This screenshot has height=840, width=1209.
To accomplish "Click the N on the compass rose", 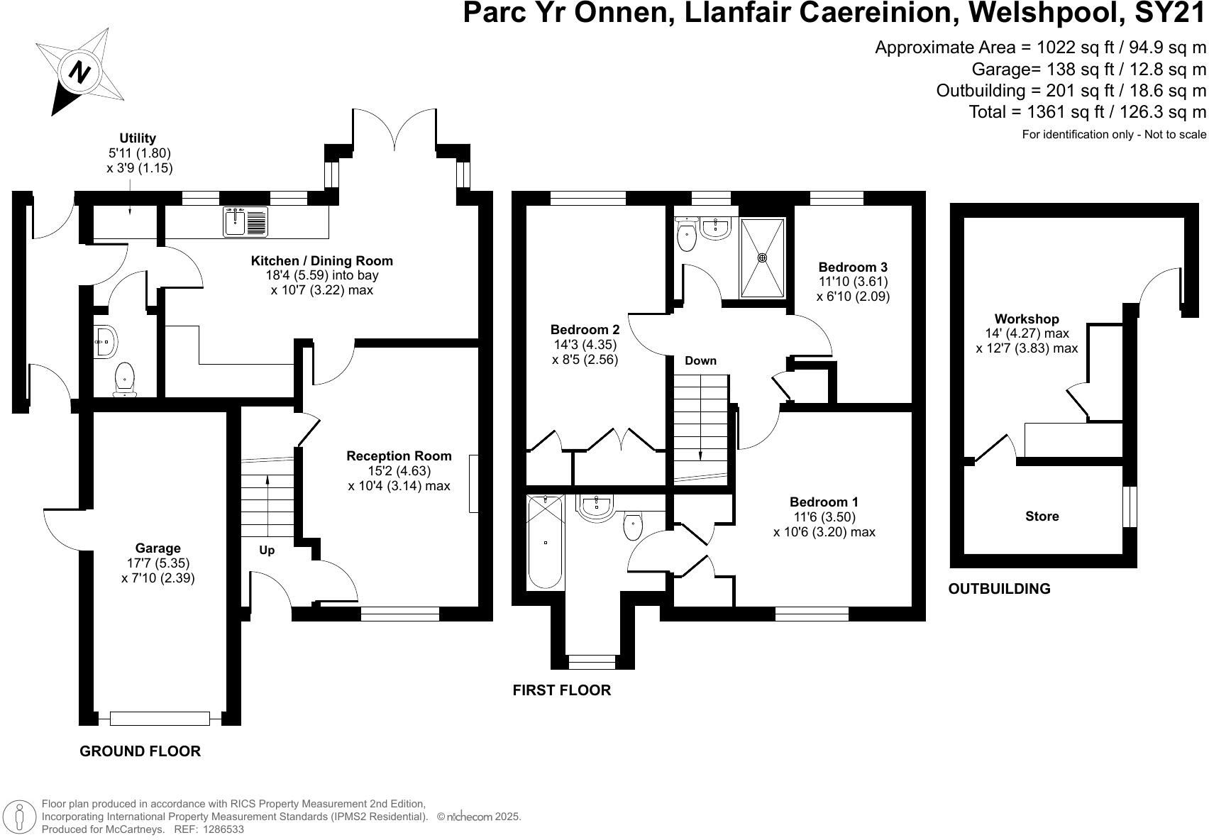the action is [x=80, y=71].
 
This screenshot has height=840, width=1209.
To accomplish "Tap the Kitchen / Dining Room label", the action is [x=321, y=261].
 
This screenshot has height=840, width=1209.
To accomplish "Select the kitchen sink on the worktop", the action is [x=245, y=222].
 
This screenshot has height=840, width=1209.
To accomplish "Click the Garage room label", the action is [x=158, y=548].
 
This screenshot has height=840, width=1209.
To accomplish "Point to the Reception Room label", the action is [x=399, y=455].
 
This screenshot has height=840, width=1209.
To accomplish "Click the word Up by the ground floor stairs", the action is [x=267, y=550].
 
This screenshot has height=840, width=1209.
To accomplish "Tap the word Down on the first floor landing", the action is [x=700, y=360].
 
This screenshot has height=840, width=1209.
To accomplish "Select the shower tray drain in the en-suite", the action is [x=762, y=258].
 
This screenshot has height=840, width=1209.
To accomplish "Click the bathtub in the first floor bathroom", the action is [x=545, y=541].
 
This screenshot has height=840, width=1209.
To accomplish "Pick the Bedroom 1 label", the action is [x=824, y=502].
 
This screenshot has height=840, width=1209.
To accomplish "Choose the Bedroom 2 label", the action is [x=585, y=329].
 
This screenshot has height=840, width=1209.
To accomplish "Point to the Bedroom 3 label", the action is [x=853, y=267].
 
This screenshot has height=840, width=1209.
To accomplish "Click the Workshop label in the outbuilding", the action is [x=1027, y=319].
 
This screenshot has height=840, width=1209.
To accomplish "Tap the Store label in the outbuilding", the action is [x=1042, y=516].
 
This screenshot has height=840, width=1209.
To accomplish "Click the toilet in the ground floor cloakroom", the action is [x=125, y=379].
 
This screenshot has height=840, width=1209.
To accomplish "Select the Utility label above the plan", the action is [x=138, y=138].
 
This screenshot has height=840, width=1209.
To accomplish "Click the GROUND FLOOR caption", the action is [x=140, y=751].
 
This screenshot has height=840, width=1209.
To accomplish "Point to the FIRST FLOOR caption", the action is [x=562, y=690].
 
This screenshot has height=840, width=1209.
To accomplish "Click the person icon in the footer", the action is [x=21, y=817].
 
